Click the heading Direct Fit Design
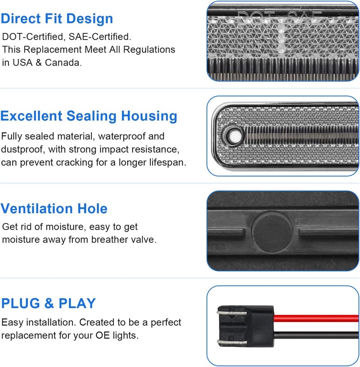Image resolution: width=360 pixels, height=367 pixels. tap(57, 19)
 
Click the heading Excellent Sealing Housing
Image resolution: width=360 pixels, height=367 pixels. tap(89, 116)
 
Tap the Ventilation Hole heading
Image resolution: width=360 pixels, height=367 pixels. tap(54, 209)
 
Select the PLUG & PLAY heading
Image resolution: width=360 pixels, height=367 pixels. tap(49, 303)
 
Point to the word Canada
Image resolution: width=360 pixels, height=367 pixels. tap(63, 63)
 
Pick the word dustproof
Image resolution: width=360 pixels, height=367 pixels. tap(23, 150)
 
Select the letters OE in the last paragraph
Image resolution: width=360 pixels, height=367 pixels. tap(103, 336)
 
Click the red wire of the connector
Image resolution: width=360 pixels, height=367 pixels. tap(316, 318)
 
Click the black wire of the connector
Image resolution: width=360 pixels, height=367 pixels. tap(316, 335)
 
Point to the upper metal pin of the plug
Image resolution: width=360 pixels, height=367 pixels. tap(232, 313)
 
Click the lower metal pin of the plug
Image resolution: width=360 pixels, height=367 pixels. tap(232, 343)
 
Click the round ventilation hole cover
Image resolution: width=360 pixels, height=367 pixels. tap(273, 233)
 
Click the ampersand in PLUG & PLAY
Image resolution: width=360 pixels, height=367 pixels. tap(49, 303)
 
